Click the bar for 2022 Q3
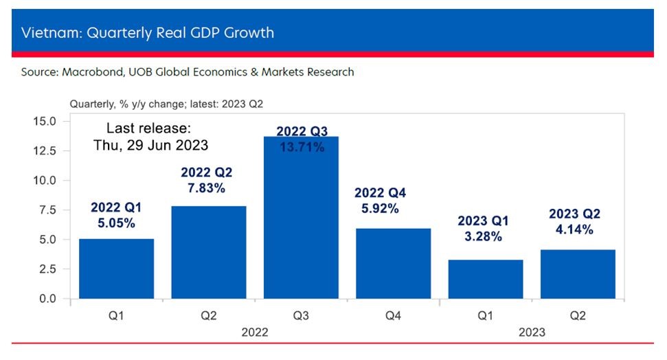tap(301, 220)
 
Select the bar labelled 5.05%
tap(116, 269)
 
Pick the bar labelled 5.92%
tap(394, 264)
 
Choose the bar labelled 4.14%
tap(578, 274)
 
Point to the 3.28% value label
tap(482, 237)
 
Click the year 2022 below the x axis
tap(255, 332)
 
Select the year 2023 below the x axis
tap(532, 332)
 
